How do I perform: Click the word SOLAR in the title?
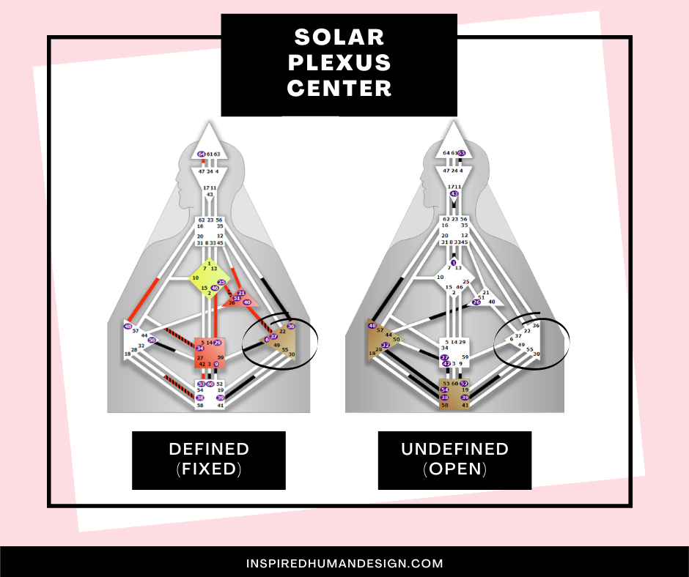(x=339, y=36)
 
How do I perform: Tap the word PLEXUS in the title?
(x=339, y=62)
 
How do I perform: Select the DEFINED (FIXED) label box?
(x=209, y=459)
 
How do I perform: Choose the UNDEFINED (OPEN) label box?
(x=454, y=459)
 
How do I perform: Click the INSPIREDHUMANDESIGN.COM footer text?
(x=344, y=563)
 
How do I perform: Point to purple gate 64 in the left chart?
(x=201, y=155)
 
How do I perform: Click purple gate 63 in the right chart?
(x=462, y=153)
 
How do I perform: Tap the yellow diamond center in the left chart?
(x=209, y=278)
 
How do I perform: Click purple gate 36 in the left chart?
(x=291, y=327)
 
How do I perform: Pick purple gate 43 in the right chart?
(x=454, y=194)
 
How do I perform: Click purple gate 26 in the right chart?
(x=476, y=302)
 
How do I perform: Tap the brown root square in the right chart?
(x=454, y=394)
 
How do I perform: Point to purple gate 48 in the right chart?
(x=372, y=326)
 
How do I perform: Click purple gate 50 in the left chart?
(x=152, y=340)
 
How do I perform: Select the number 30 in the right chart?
(x=537, y=354)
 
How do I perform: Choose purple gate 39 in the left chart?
(x=220, y=398)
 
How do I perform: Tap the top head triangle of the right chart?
(x=454, y=143)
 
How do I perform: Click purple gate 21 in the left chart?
(x=241, y=293)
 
